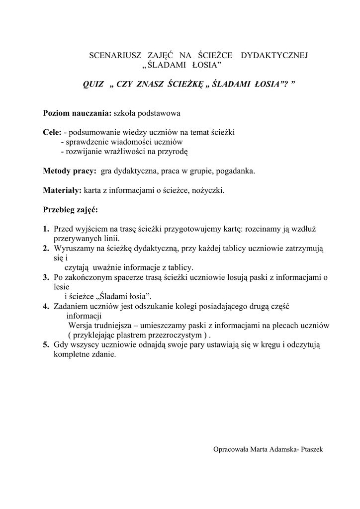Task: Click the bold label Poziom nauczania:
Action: pos(78,113)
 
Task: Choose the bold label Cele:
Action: pos(52,133)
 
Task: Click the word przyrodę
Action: pos(174,152)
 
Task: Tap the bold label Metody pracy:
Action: pos(70,171)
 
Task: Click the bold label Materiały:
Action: pos(62,190)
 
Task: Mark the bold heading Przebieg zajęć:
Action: pos(71,209)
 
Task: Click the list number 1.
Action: pos(45,229)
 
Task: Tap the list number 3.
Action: pos(45,278)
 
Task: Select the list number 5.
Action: pos(45,345)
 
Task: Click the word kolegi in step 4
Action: pos(184,307)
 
